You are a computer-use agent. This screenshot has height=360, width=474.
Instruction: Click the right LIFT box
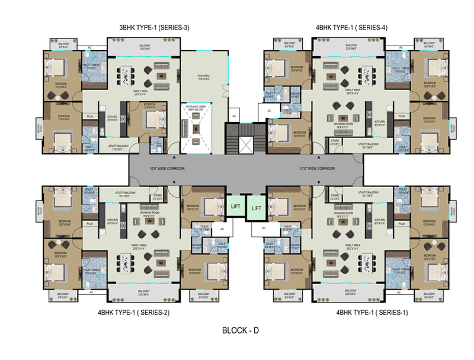pyautogui.click(x=257, y=209)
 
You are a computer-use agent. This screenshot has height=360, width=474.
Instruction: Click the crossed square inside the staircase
pyautogui.click(x=245, y=143)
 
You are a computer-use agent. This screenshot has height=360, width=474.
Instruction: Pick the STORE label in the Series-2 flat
pyautogui.click(x=157, y=195)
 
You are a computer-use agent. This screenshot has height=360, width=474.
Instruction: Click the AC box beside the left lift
pyautogui.click(x=222, y=229)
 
